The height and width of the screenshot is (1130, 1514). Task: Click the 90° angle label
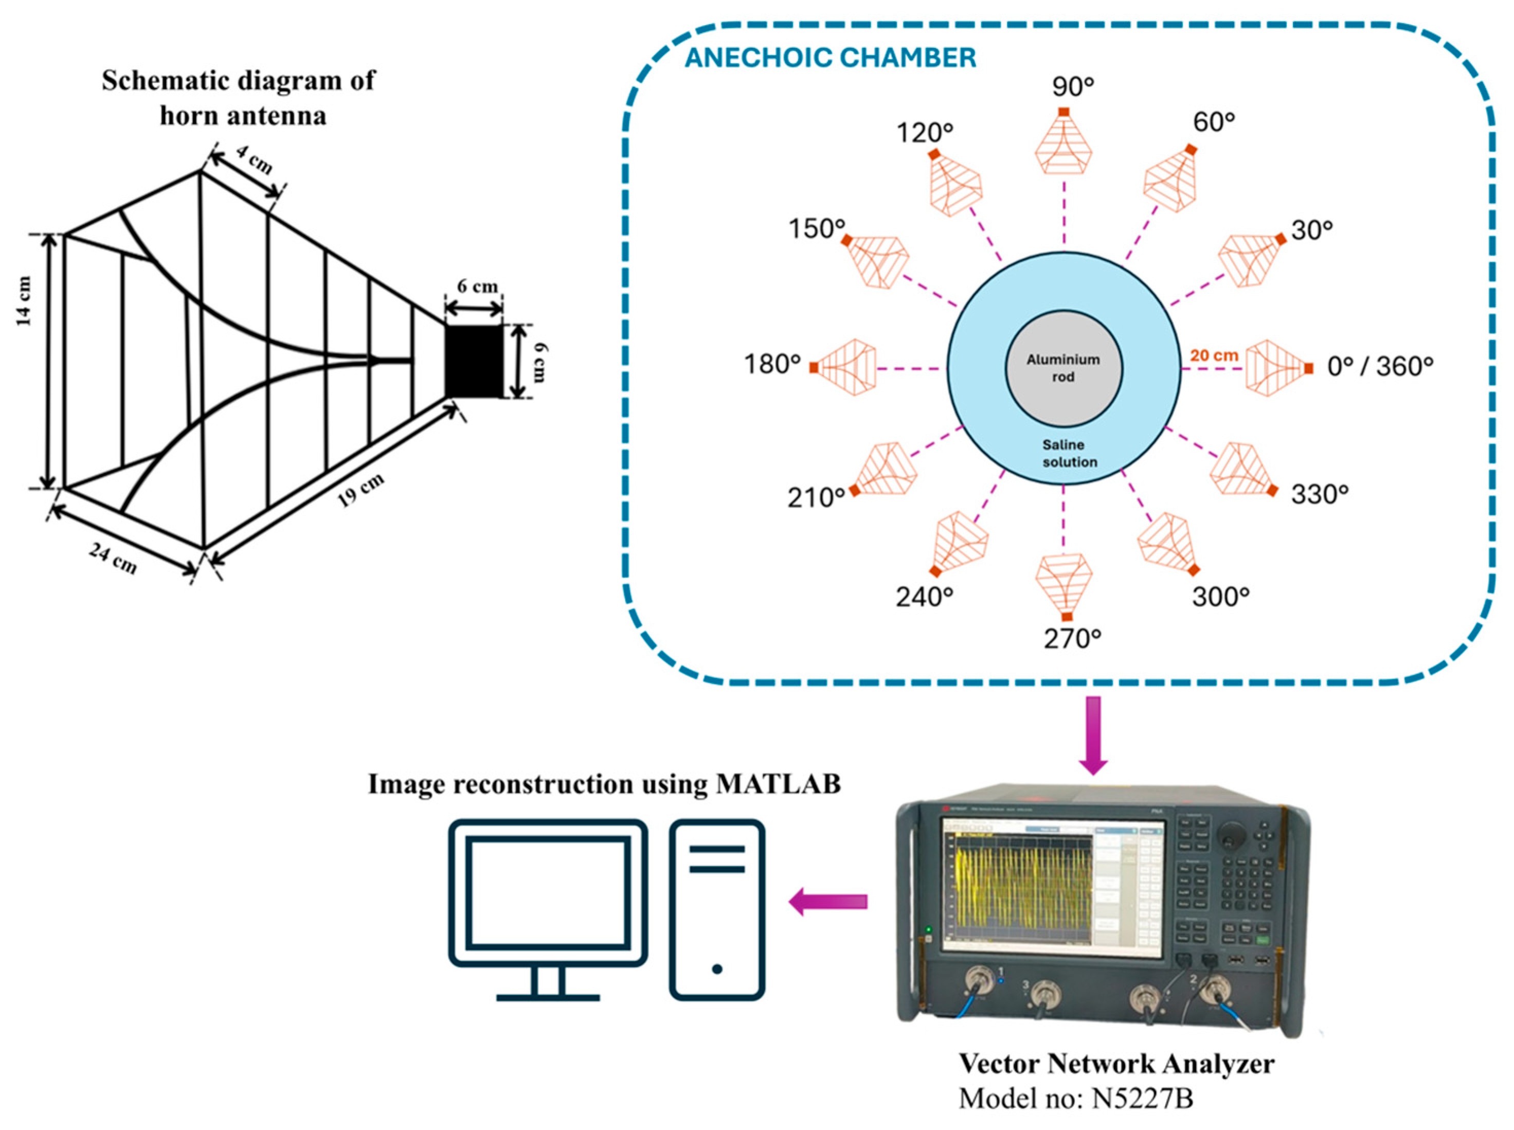(x=1073, y=87)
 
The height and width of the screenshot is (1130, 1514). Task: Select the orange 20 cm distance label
(x=1214, y=356)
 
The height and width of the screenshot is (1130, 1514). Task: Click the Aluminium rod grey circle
(x=1064, y=368)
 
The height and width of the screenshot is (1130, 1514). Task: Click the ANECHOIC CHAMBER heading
(x=830, y=58)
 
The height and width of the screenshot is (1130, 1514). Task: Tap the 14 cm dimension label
(x=24, y=300)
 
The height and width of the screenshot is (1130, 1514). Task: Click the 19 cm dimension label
(x=361, y=490)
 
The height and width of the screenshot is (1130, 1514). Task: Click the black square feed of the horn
(x=474, y=361)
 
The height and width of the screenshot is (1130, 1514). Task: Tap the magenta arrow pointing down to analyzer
(x=1093, y=736)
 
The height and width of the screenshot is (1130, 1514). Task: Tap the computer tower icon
(x=717, y=910)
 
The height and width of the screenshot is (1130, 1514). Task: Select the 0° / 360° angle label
(x=1380, y=367)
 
